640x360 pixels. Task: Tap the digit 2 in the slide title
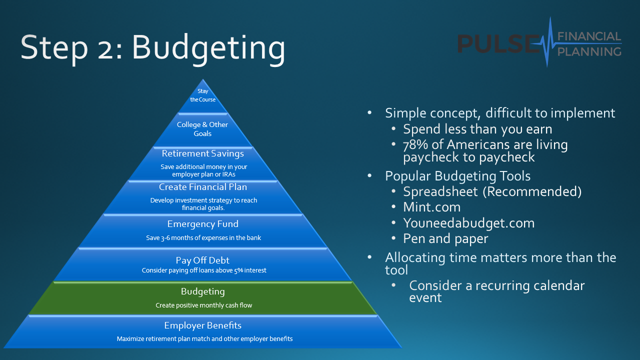pyautogui.click(x=105, y=51)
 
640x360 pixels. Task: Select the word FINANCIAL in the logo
pyautogui.click(x=589, y=36)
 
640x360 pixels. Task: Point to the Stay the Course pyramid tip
pyautogui.click(x=203, y=95)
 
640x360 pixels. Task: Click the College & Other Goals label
pyautogui.click(x=202, y=129)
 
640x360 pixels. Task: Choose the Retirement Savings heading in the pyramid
pyautogui.click(x=203, y=153)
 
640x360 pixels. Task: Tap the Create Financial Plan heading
pyautogui.click(x=203, y=187)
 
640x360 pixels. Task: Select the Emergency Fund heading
pyautogui.click(x=203, y=224)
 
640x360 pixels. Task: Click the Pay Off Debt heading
pyautogui.click(x=202, y=260)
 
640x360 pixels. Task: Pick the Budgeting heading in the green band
pyautogui.click(x=203, y=291)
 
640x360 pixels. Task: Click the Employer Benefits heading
pyautogui.click(x=203, y=325)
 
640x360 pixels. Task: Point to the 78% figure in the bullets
pyautogui.click(x=415, y=145)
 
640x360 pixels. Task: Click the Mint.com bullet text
pyautogui.click(x=431, y=207)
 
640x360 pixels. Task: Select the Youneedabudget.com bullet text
pyautogui.click(x=469, y=223)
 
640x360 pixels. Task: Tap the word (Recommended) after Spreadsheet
pyautogui.click(x=532, y=191)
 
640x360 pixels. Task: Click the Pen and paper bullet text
pyautogui.click(x=445, y=239)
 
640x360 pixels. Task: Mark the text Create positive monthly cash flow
pyautogui.click(x=203, y=305)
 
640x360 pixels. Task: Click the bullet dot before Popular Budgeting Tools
pyautogui.click(x=369, y=175)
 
